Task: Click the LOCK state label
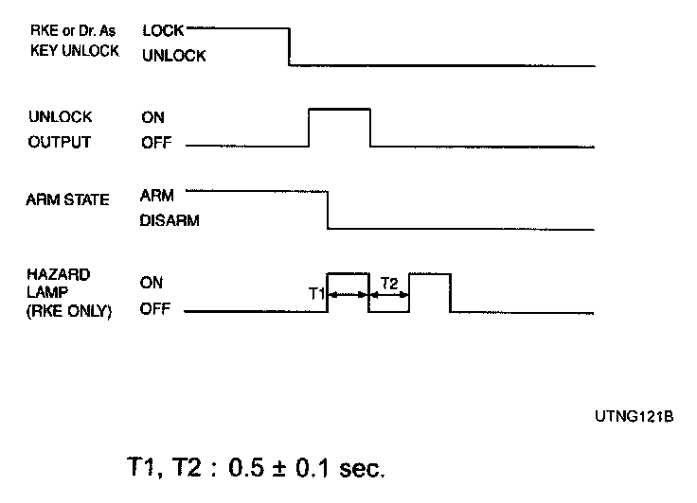[x=162, y=31]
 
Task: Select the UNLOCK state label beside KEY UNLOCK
[x=173, y=57]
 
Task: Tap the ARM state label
[x=155, y=196]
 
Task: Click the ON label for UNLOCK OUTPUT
[x=152, y=117]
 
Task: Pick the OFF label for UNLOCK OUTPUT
[x=154, y=144]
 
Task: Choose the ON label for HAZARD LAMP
[x=152, y=282]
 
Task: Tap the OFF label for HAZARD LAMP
[x=154, y=308]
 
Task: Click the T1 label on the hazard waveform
[x=317, y=295]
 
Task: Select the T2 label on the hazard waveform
[x=388, y=282]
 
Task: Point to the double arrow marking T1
[x=348, y=295]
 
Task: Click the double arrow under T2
[x=389, y=295]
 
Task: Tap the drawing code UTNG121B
[x=636, y=415]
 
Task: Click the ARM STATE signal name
[x=68, y=199]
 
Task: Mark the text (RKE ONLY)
[x=71, y=309]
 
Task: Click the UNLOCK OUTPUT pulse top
[x=340, y=111]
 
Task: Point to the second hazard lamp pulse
[x=430, y=274]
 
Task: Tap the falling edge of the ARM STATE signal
[x=328, y=210]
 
